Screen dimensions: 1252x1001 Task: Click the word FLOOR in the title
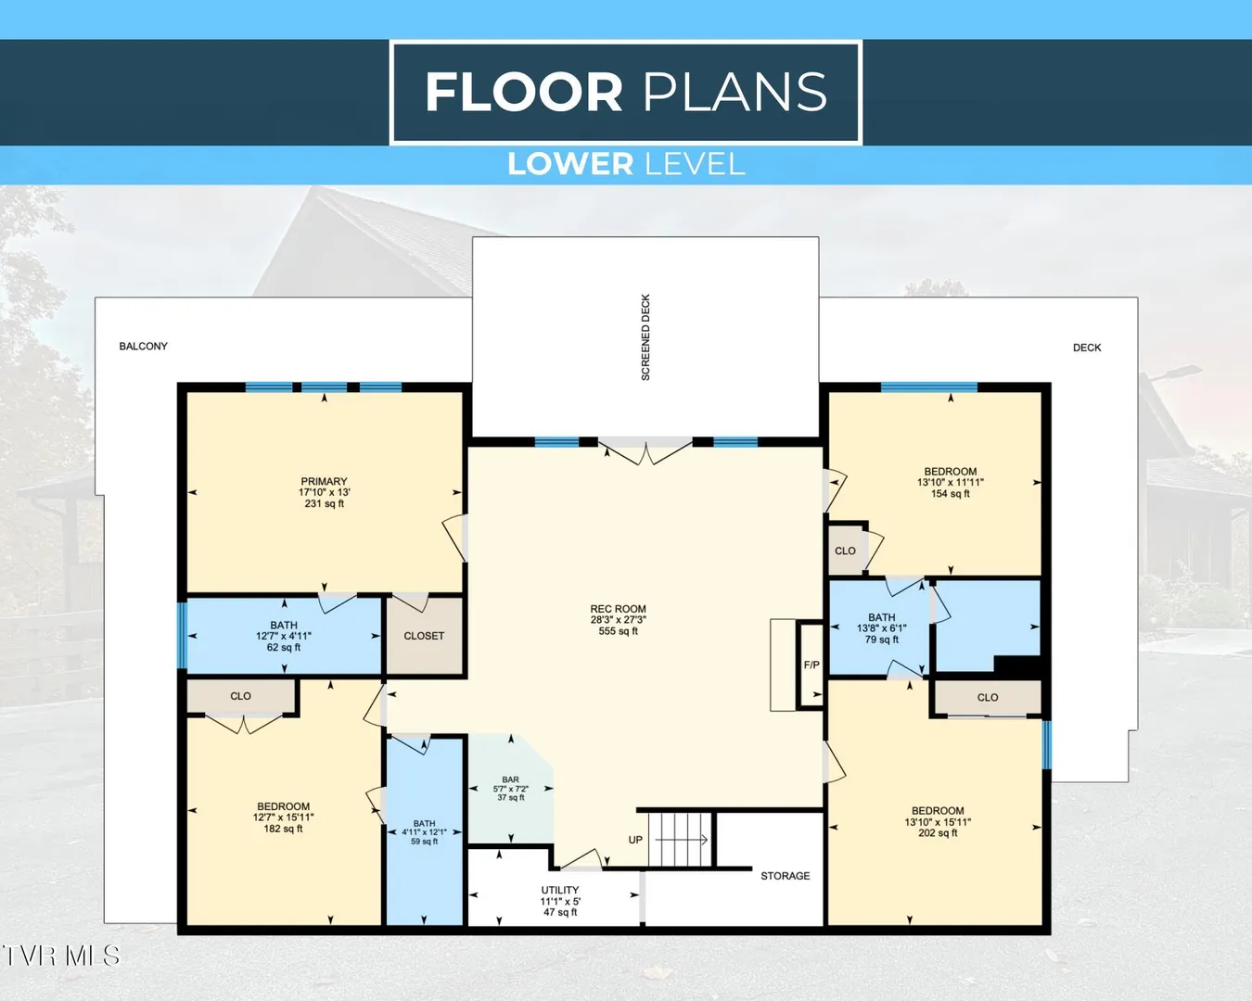click(524, 92)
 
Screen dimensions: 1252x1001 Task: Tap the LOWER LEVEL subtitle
click(626, 164)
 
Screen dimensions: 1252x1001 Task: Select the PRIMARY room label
click(324, 482)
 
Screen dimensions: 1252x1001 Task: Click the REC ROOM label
click(618, 609)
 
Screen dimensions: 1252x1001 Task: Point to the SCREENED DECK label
click(645, 337)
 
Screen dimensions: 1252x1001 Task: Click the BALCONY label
click(143, 346)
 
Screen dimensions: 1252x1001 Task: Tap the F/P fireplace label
click(811, 665)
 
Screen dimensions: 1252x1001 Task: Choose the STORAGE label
click(785, 876)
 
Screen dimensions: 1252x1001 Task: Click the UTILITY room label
click(559, 890)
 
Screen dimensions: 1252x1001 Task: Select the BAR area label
click(510, 779)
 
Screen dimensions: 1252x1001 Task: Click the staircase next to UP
click(681, 840)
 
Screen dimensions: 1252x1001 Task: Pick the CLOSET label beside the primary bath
click(424, 637)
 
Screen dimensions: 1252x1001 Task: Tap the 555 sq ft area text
click(618, 631)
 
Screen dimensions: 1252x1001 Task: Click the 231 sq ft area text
click(324, 503)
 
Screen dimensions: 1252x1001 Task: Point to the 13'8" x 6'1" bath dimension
click(881, 628)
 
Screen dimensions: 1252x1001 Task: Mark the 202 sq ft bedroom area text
click(938, 833)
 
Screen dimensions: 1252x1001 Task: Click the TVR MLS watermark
click(61, 956)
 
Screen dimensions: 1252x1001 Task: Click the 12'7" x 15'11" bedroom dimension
click(284, 817)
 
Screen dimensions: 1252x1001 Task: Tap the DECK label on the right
click(1087, 348)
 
